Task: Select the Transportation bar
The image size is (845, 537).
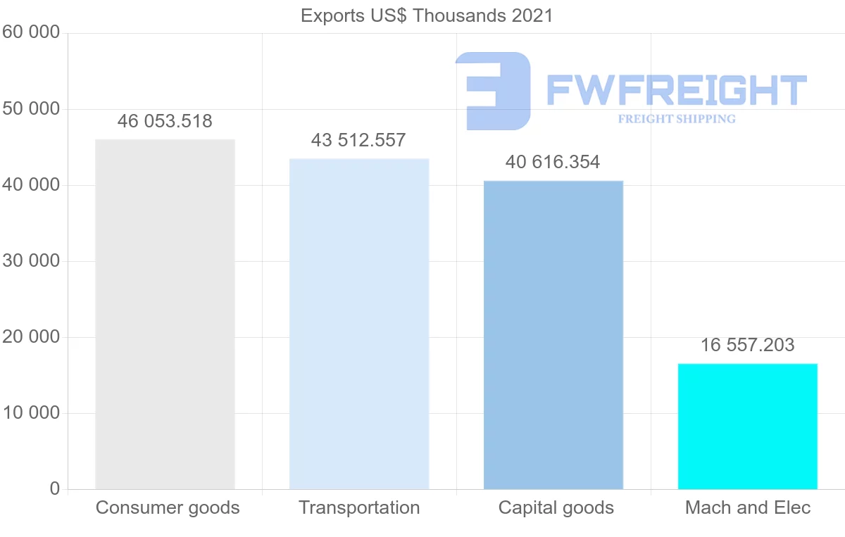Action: (x=359, y=324)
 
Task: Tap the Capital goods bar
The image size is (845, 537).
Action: (x=553, y=335)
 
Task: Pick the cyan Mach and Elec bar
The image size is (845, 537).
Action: (x=747, y=426)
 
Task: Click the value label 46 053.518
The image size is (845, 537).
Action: (x=165, y=121)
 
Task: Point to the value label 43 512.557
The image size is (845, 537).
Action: (x=358, y=140)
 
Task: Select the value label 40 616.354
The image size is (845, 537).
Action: (x=553, y=163)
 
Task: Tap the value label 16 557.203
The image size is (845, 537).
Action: (x=747, y=346)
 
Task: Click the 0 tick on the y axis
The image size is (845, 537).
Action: (x=55, y=488)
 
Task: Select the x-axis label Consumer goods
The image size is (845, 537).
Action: (x=168, y=507)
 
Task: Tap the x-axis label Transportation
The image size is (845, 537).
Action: (x=359, y=507)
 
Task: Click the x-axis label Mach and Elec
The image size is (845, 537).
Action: (x=748, y=507)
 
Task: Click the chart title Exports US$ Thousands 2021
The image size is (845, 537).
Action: (x=427, y=15)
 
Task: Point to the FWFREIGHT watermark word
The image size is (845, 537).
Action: (x=676, y=90)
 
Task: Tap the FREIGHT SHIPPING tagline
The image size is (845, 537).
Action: (x=677, y=119)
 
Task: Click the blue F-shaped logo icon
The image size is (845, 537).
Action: (x=493, y=90)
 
